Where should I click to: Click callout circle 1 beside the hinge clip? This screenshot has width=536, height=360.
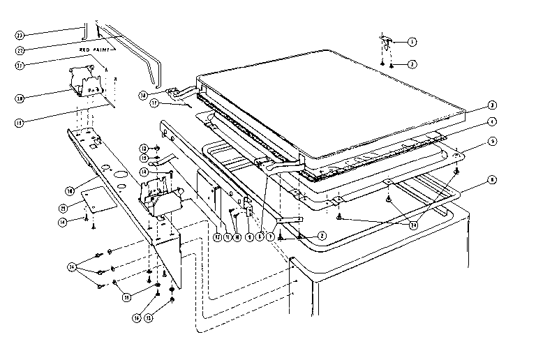tap(412, 42)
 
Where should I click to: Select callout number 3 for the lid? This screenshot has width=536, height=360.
tap(492, 105)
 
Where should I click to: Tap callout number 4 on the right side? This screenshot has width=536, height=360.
tap(492, 121)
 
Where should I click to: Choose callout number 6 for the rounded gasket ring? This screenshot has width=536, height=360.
tap(492, 179)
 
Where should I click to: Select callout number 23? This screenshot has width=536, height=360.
tap(20, 34)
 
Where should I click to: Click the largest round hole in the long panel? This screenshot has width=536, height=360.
tap(119, 172)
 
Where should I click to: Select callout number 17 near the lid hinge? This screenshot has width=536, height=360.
tap(154, 104)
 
